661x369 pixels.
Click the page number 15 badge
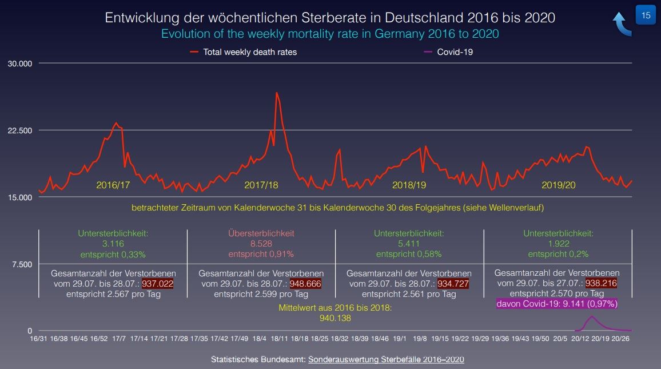point(646,15)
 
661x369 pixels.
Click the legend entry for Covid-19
point(455,52)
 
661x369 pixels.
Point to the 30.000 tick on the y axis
point(19,63)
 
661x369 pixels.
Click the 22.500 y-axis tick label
point(19,130)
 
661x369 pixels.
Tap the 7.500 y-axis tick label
point(22,264)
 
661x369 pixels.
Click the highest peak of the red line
point(277,93)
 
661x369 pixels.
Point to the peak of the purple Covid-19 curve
point(592,316)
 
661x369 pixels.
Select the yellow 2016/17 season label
point(113,185)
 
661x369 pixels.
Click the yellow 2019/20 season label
point(558,185)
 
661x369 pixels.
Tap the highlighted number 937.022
point(157,284)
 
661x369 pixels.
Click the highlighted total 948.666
point(305,284)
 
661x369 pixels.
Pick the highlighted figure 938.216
point(600,283)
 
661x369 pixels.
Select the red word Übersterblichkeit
point(261,233)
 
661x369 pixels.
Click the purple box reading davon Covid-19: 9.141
point(557,304)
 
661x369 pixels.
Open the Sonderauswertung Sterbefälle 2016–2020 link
point(386,359)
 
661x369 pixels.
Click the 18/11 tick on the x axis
point(279,339)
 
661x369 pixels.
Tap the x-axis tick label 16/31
point(38,339)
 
